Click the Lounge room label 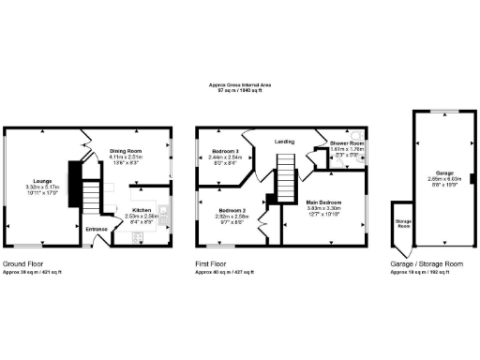point(43,181)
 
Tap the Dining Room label point(126,151)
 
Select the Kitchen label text point(142,210)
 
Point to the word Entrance point(97,229)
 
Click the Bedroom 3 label point(225,151)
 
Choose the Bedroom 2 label point(233,211)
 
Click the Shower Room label point(346,143)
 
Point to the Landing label point(284,142)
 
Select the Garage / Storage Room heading point(427,264)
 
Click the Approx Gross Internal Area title point(240,84)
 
